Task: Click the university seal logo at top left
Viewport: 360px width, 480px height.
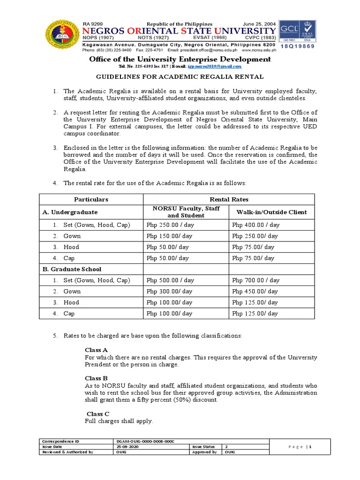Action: (61, 36)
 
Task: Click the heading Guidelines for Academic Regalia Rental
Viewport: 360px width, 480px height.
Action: (180, 76)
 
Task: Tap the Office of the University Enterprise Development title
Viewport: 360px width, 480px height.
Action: (180, 59)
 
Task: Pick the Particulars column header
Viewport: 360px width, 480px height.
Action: (91, 199)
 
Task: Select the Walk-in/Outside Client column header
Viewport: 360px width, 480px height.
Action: (271, 212)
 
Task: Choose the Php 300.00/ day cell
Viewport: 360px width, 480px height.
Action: (169, 292)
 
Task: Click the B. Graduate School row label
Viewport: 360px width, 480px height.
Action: (71, 269)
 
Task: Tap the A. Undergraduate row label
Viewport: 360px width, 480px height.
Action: (70, 212)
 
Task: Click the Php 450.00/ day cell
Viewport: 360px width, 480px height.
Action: (255, 292)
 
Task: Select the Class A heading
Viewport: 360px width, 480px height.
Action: (96, 350)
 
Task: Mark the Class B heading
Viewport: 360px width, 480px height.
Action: (96, 378)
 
